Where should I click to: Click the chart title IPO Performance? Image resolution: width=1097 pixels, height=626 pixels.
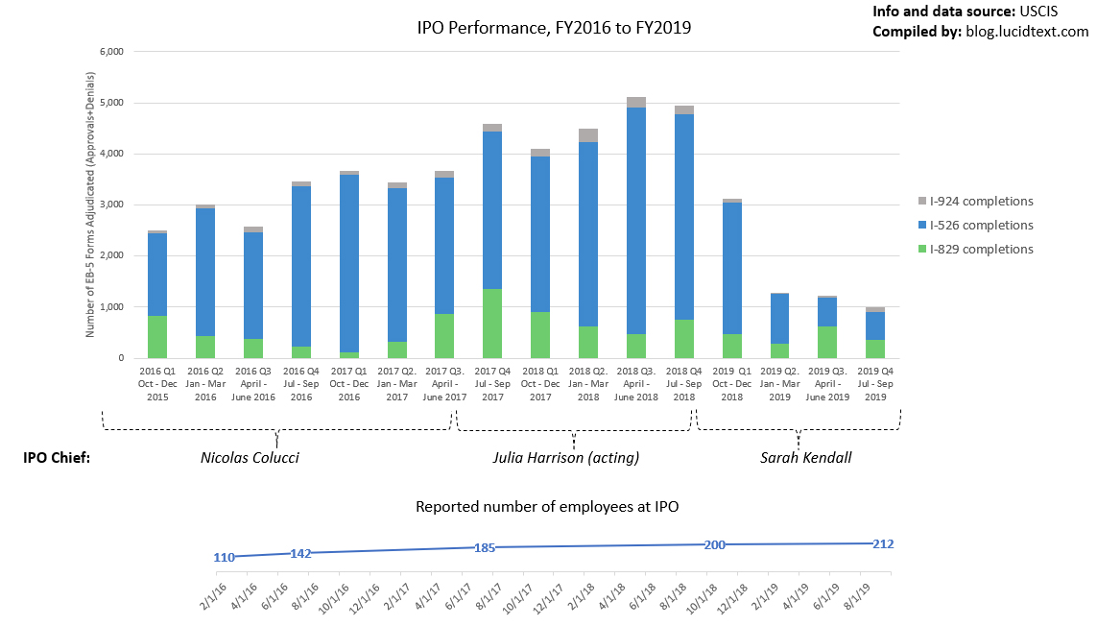tap(554, 29)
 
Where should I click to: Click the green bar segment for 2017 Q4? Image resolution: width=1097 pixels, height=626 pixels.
tap(492, 324)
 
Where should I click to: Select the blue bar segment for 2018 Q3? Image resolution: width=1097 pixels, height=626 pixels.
tap(635, 221)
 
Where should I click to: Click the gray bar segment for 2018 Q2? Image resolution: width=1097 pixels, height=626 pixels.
tap(587, 135)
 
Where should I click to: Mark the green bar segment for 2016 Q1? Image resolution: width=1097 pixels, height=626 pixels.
tap(156, 337)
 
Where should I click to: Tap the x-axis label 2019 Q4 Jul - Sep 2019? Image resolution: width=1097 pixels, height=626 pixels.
tap(874, 382)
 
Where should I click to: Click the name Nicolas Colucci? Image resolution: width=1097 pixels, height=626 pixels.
tap(250, 458)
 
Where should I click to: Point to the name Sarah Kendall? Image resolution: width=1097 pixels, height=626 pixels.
tap(805, 458)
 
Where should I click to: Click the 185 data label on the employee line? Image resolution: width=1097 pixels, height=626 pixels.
tap(484, 548)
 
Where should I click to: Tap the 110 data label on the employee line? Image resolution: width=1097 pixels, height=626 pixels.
tap(224, 558)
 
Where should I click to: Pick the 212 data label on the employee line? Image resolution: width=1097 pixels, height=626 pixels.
tap(883, 544)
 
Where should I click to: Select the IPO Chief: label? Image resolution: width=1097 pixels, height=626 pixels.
tap(57, 458)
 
